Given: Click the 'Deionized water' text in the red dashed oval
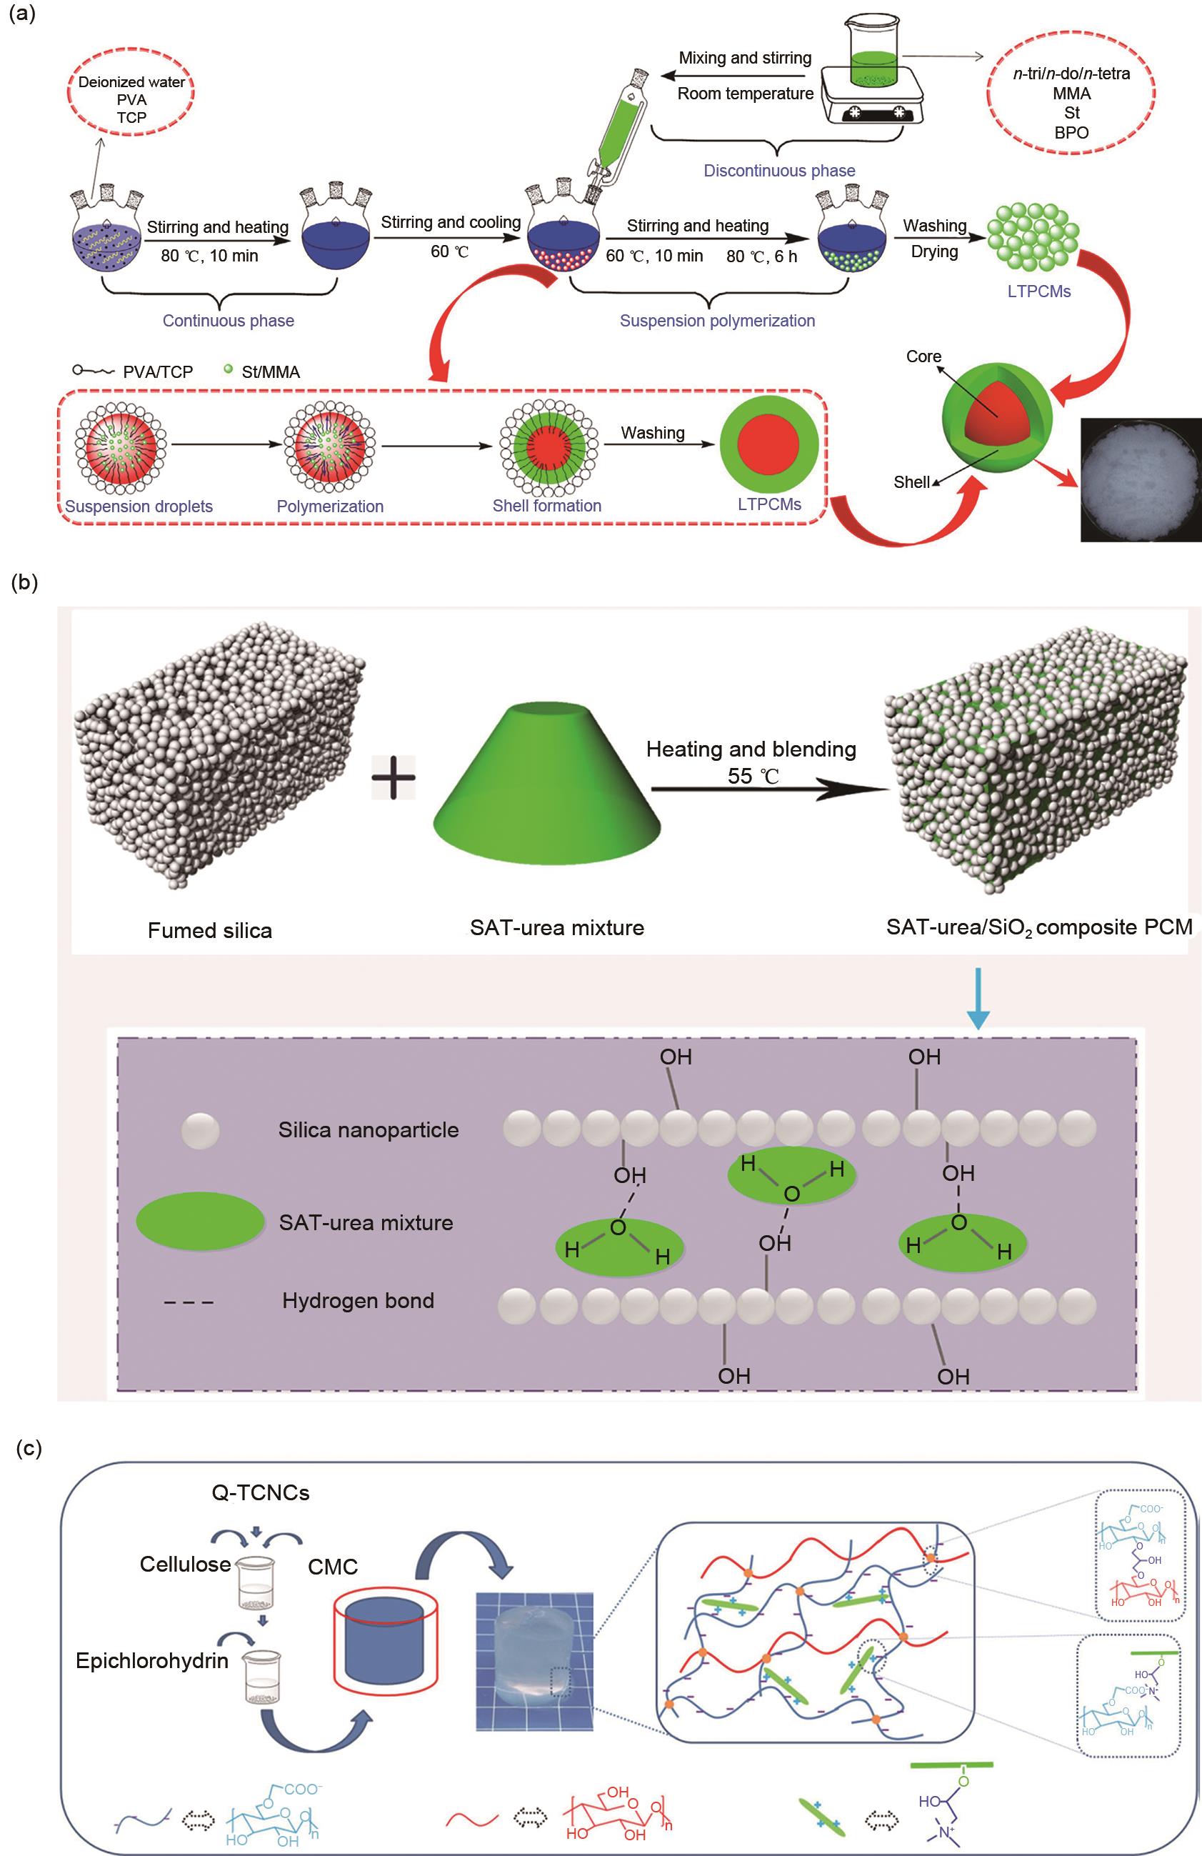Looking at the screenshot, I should pos(131,82).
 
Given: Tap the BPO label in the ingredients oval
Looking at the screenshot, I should pos(1071,133).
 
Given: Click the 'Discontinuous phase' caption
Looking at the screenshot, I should pos(778,171).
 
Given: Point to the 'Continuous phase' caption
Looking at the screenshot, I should pos(229,321).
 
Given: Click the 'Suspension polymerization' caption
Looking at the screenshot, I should pos(717,321).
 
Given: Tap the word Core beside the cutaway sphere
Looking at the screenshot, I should pos(923,356).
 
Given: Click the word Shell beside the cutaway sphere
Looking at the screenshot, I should pos(911,482).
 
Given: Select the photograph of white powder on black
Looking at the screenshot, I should pos(1141,479).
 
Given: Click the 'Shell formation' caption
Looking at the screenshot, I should pos(546,505).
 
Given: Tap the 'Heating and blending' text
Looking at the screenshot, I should pos(751,749).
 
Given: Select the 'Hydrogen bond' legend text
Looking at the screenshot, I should pos(358,1300).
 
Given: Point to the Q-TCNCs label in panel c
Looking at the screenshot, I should pos(261,1492).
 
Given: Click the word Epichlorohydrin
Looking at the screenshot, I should pos(152,1661).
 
